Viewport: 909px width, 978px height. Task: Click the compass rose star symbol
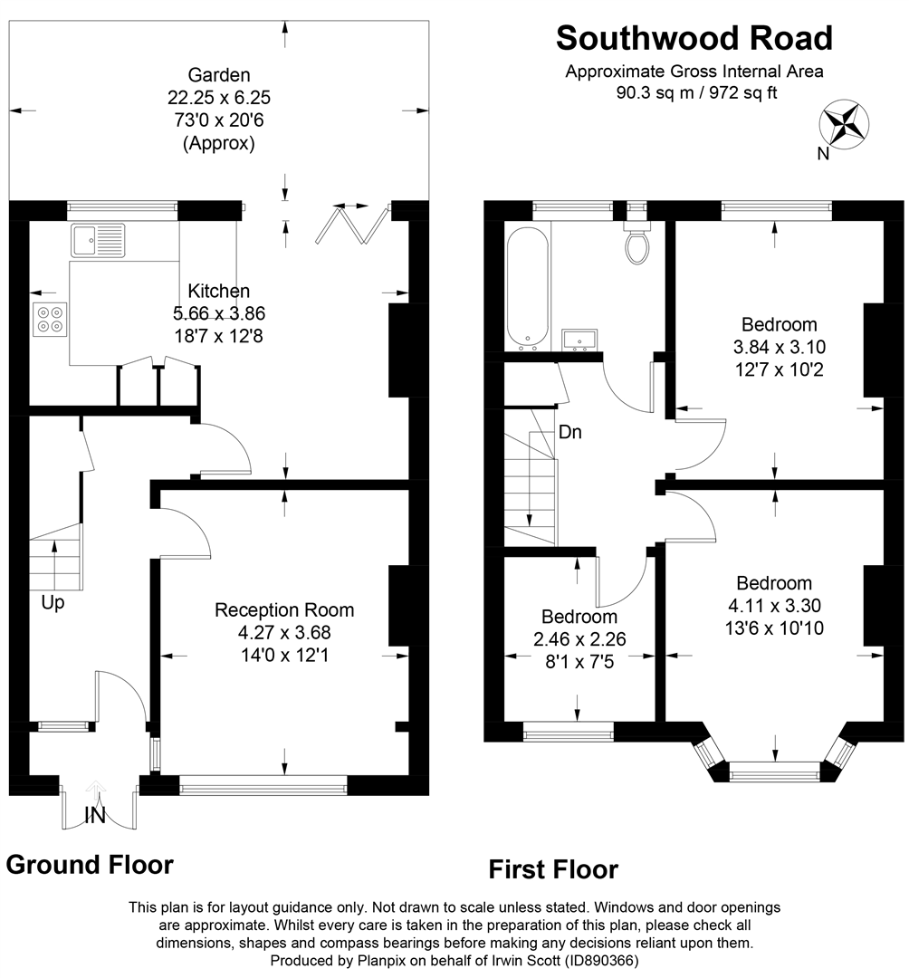pos(844,123)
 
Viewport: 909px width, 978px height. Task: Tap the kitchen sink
pos(98,240)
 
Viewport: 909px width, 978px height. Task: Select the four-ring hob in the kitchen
pos(50,319)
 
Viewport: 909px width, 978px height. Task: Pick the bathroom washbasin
pos(579,340)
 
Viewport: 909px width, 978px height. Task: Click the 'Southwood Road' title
pos(694,38)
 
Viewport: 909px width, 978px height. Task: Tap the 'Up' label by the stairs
pos(53,603)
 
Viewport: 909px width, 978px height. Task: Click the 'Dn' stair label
pos(569,432)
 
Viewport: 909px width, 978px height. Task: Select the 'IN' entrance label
pos(95,816)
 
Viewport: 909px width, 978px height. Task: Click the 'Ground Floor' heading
pos(90,865)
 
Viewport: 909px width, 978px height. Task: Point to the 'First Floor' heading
pos(553,869)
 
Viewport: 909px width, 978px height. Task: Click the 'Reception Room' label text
pos(284,610)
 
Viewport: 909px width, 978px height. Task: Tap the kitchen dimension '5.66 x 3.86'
pos(219,313)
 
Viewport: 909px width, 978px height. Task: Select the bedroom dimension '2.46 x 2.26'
pos(579,639)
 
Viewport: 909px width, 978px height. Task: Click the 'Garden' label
pos(219,75)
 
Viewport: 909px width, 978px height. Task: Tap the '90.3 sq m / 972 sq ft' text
pos(696,93)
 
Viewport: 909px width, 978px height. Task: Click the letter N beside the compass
pos(824,153)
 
